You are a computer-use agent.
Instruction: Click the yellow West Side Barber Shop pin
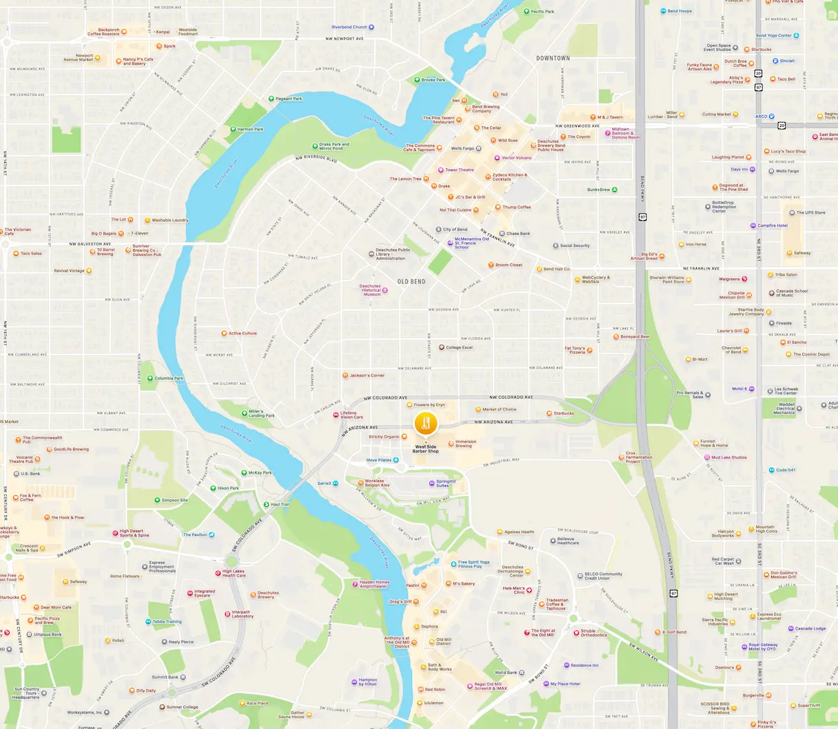pyautogui.click(x=425, y=423)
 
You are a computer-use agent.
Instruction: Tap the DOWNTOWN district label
pyautogui.click(x=553, y=58)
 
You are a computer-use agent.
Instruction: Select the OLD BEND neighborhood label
pyautogui.click(x=411, y=281)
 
